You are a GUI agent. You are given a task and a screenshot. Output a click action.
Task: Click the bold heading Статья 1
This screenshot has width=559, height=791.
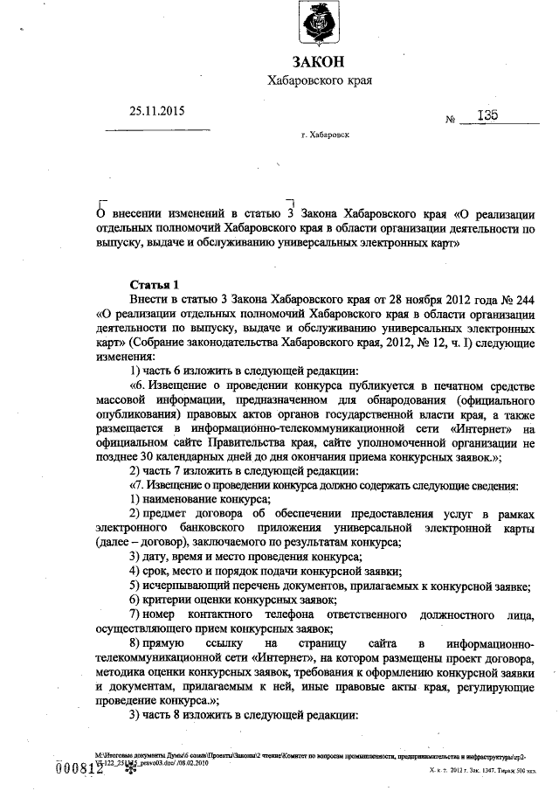click(x=154, y=284)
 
